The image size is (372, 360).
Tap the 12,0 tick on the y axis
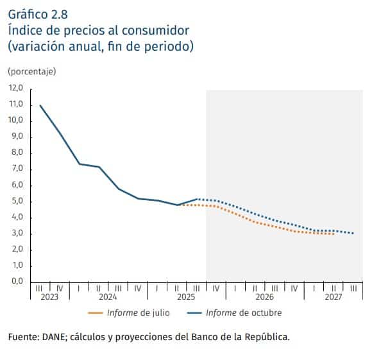pyautogui.click(x=15, y=88)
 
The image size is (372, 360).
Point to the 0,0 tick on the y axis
pyautogui.click(x=15, y=281)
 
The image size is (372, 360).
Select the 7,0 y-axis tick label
pyautogui.click(x=15, y=168)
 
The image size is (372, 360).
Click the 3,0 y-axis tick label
pyautogui.click(x=15, y=233)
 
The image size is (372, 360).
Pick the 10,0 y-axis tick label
pyautogui.click(x=15, y=120)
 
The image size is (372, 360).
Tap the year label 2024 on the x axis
pyautogui.click(x=108, y=298)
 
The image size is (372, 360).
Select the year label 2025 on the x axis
pyautogui.click(x=186, y=298)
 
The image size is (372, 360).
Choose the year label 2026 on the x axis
pyautogui.click(x=264, y=298)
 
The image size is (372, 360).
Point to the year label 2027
pyautogui.click(x=334, y=298)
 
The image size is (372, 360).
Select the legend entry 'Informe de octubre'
pyautogui.click(x=244, y=313)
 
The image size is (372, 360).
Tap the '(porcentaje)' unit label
pyautogui.click(x=32, y=71)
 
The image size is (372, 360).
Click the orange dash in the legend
pyautogui.click(x=95, y=313)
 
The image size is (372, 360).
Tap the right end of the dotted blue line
pyautogui.click(x=353, y=233)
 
